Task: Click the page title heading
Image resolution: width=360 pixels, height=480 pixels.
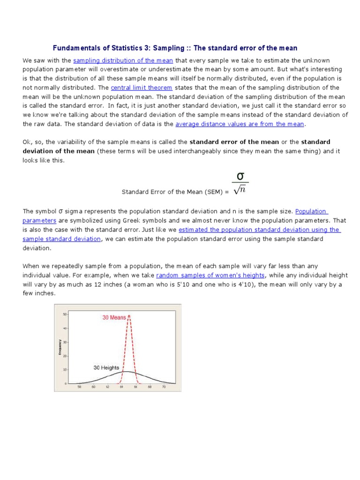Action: pos(175,48)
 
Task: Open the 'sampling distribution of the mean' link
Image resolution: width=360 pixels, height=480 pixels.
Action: pos(123,60)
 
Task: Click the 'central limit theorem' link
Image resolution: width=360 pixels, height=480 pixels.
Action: pos(142,88)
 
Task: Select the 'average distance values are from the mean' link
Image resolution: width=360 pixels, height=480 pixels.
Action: pos(240,124)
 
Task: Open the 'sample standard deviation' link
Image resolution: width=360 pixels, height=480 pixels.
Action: pos(61,239)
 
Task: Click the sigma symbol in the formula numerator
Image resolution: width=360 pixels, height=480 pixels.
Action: pos(240,176)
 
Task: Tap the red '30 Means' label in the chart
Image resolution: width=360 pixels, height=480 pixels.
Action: pos(114,317)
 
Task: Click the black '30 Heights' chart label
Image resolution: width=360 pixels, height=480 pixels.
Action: pos(106,367)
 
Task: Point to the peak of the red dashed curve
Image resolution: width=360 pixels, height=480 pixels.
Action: pos(129,316)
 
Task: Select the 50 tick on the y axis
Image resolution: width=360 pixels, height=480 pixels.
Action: pos(65,314)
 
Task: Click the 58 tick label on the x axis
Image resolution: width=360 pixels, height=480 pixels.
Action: pos(79,387)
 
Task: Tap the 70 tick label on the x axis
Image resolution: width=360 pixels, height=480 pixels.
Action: pos(164,387)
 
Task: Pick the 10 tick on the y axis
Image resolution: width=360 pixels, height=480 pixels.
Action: pos(65,369)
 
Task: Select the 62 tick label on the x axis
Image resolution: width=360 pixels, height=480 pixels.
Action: pos(107,387)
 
